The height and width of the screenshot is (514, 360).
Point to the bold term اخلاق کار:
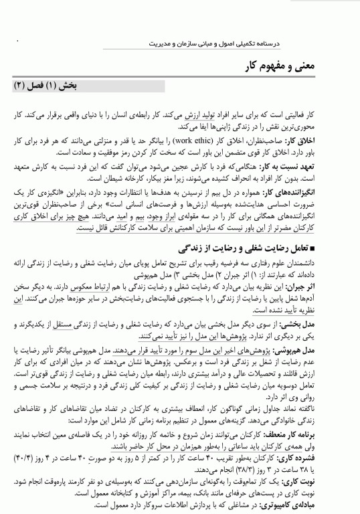pos(327,142)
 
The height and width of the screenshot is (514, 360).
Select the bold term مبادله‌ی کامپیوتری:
pos(312,508)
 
